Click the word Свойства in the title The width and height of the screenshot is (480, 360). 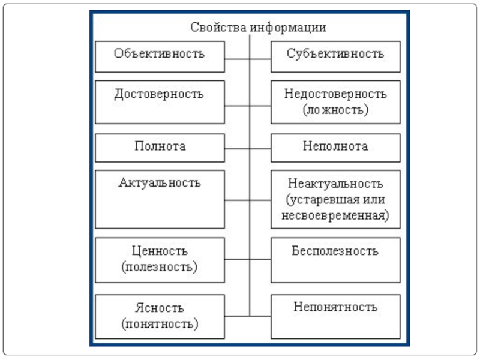coord(218,27)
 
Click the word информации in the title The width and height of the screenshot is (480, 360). coord(288,28)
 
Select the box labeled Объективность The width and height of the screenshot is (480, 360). coord(160,56)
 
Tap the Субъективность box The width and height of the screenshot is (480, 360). coord(335,56)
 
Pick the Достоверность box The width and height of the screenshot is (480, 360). coord(160,102)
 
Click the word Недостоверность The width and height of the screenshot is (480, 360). coord(335,94)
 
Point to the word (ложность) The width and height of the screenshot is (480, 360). coord(335,110)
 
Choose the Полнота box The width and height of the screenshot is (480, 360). coord(160,148)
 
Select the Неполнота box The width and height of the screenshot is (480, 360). coord(335,148)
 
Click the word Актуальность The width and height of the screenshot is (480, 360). coord(160,183)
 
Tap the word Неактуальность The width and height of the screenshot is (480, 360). coord(335,184)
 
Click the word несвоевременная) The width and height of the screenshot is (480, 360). coord(335,215)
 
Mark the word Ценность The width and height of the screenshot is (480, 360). coord(160,251)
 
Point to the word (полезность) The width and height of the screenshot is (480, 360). coord(160,267)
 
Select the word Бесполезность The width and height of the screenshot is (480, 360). coord(335,251)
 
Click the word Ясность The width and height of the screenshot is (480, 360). coord(160,308)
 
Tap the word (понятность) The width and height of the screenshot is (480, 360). coord(160,324)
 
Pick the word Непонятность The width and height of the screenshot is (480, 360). coord(335,307)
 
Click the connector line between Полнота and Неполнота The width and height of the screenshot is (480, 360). coord(248,149)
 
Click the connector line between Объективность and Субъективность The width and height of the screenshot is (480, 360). coord(248,59)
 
